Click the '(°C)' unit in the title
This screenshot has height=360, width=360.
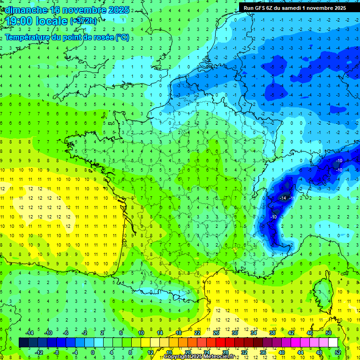(x=122, y=37)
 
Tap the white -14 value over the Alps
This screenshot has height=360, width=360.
(x=283, y=198)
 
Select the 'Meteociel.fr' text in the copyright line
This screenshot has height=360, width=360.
(x=221, y=357)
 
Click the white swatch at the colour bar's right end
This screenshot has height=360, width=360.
(x=333, y=343)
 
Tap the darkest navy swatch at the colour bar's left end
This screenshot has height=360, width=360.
(x=23, y=343)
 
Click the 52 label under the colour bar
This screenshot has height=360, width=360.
(x=338, y=352)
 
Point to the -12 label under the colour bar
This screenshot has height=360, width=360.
(x=39, y=352)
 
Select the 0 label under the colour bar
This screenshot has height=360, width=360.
(x=93, y=352)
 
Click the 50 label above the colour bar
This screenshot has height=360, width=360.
(x=329, y=333)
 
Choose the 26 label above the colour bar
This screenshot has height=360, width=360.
(x=216, y=333)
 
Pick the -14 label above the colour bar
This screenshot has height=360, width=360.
(x=30, y=333)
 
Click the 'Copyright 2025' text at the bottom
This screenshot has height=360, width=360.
(x=183, y=357)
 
